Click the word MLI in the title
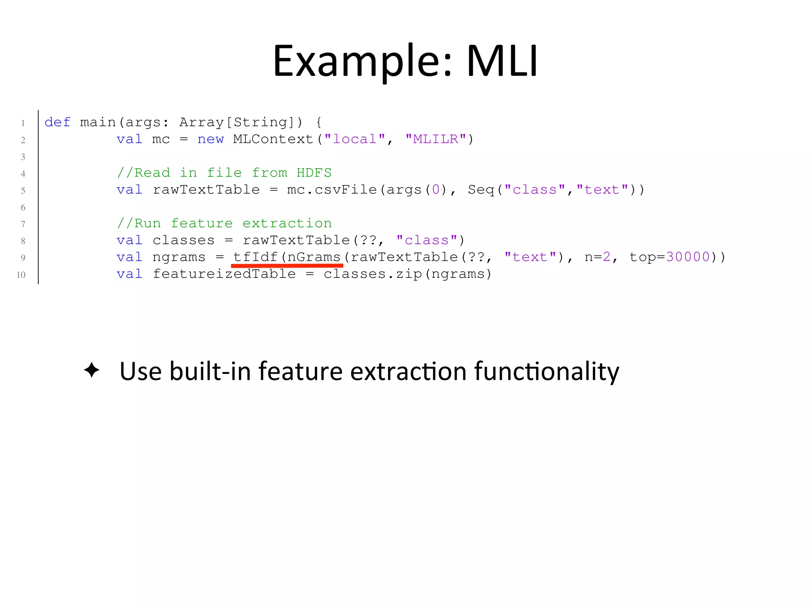coord(502,61)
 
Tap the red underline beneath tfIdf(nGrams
coord(287,266)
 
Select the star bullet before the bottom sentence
coord(91,370)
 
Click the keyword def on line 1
coord(57,122)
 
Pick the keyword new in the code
coord(210,139)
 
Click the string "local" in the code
coord(354,139)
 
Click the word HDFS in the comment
coord(314,173)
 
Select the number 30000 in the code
coord(688,257)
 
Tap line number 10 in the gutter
coord(21,275)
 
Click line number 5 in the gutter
coord(23,190)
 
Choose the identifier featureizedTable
coord(224,274)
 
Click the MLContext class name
coord(273,139)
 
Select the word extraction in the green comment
coord(287,224)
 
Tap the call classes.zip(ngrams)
coord(407,274)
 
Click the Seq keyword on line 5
coord(481,190)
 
